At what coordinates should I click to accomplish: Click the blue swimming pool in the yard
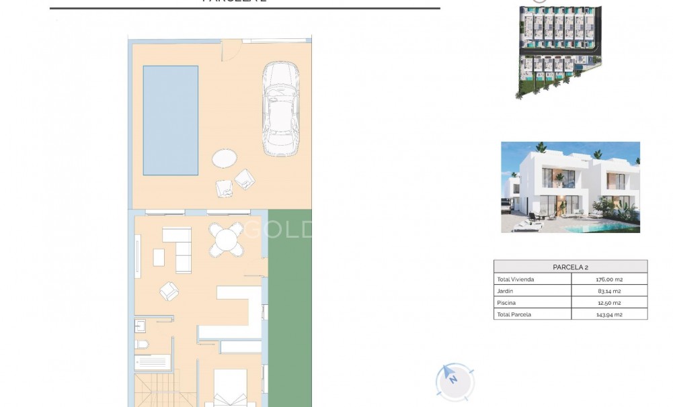pyautogui.click(x=170, y=120)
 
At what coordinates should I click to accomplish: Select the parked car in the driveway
pyautogui.click(x=280, y=109)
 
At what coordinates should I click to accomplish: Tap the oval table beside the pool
pyautogui.click(x=225, y=159)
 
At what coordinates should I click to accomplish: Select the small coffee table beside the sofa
pyautogui.click(x=159, y=257)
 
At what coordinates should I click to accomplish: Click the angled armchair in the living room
pyautogui.click(x=169, y=291)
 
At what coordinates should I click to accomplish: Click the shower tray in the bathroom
pyautogui.click(x=152, y=363)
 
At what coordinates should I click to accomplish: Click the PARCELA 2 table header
pyautogui.click(x=570, y=267)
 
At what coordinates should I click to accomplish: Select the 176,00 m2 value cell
pyautogui.click(x=608, y=279)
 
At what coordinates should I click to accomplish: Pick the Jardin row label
pyautogui.click(x=506, y=291)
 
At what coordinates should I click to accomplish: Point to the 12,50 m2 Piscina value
pyautogui.click(x=608, y=303)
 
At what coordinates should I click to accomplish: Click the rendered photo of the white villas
pyautogui.click(x=570, y=187)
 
